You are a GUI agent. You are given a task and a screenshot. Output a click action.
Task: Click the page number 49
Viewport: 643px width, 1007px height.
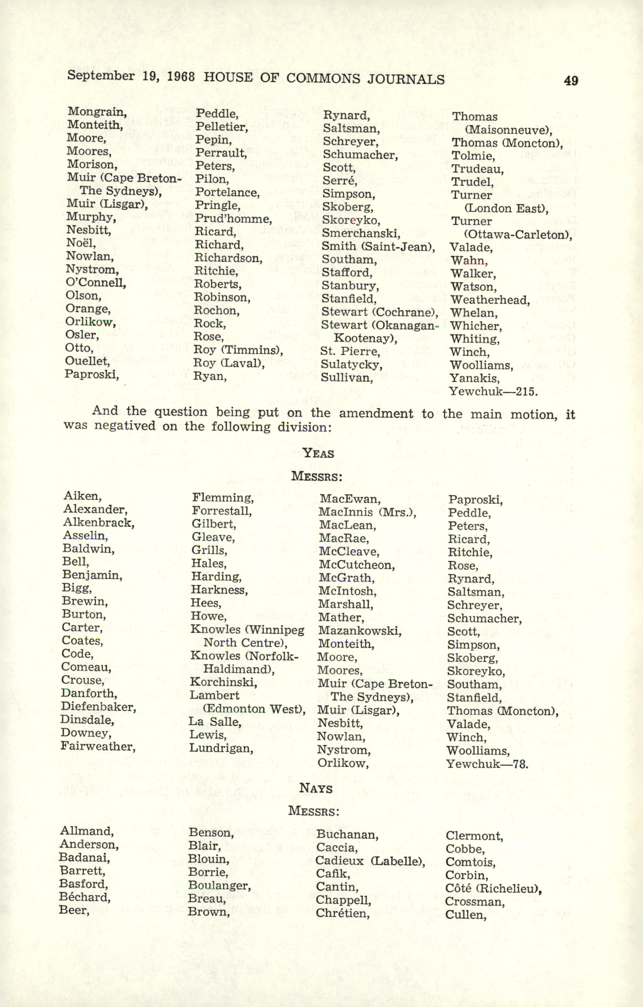point(571,80)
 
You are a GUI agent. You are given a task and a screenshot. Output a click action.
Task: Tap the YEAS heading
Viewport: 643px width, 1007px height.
point(318,453)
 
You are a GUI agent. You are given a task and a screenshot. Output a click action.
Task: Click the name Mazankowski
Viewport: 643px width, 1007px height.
point(359,630)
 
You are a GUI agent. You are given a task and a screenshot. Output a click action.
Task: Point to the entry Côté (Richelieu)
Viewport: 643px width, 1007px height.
point(493,888)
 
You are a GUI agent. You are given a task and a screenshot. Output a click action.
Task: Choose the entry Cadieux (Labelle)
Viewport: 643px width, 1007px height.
point(370,861)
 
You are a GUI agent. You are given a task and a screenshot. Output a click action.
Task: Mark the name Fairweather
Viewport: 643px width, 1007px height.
point(98,746)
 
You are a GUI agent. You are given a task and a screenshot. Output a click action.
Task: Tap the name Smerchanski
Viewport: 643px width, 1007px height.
point(361,233)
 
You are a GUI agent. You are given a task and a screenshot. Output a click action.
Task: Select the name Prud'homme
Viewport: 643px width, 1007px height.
point(233,219)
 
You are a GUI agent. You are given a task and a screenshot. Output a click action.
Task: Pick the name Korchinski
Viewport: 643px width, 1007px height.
point(223,682)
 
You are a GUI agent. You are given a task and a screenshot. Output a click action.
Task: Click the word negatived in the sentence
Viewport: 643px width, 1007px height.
point(124,426)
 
